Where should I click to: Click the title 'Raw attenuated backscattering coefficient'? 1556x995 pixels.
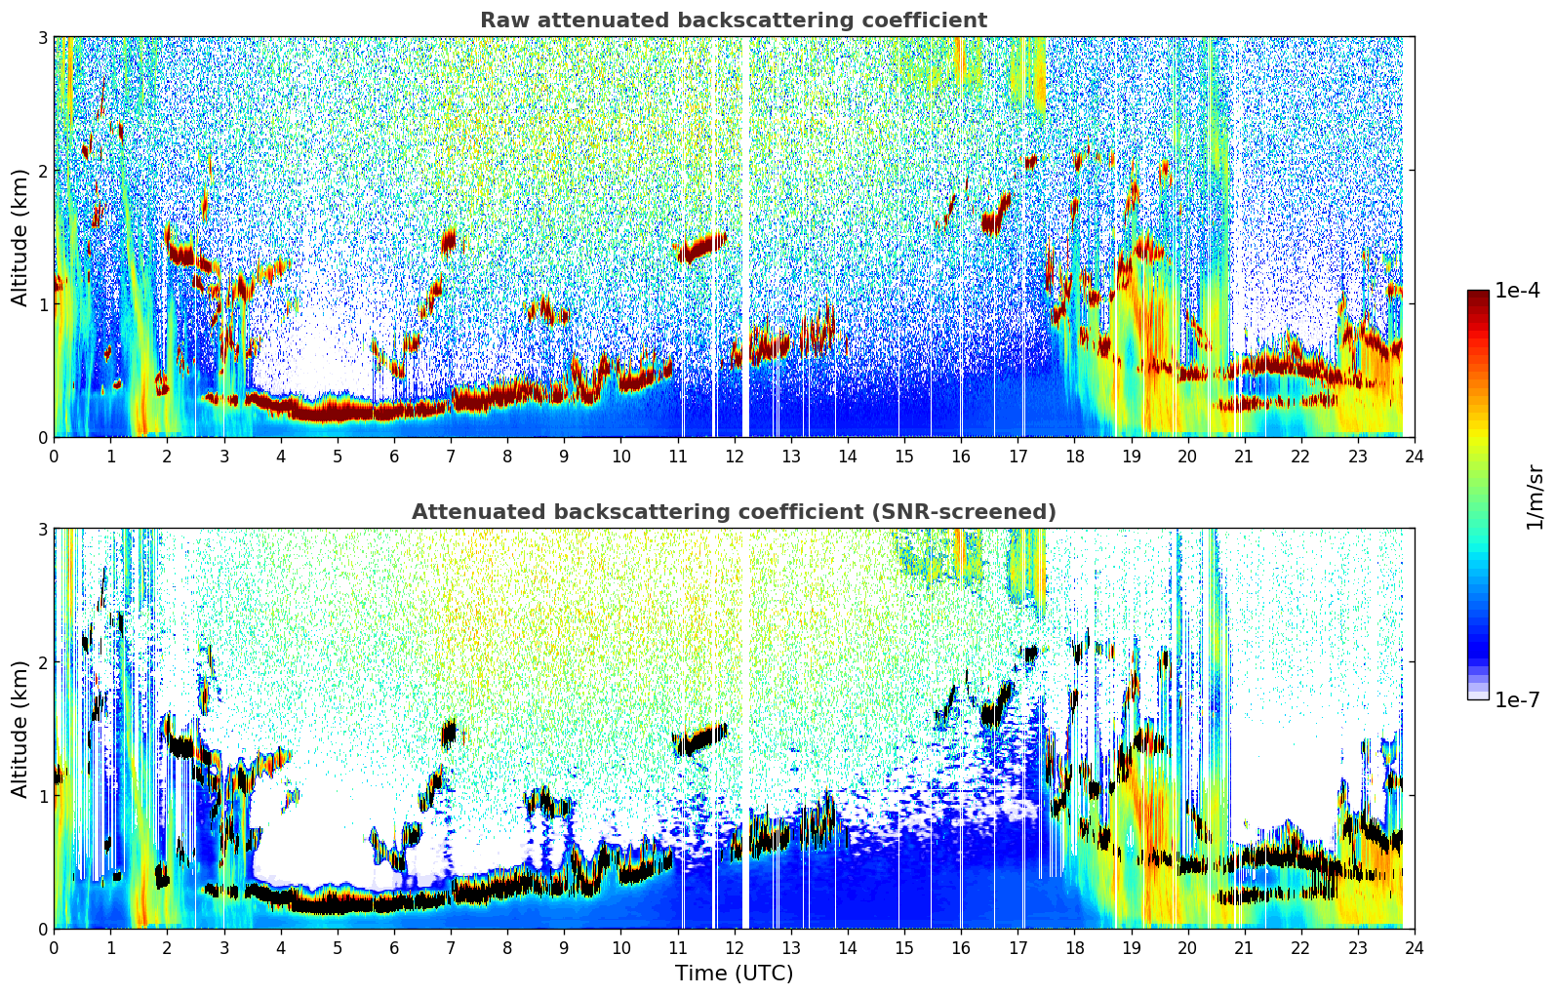point(733,20)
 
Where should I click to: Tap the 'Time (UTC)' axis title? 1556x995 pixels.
point(734,973)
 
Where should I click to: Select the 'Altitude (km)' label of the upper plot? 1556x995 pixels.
point(20,237)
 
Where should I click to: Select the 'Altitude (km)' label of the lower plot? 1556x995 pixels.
point(20,729)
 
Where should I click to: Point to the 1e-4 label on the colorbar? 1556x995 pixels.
point(1517,291)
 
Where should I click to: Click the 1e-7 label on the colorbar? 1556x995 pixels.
point(1517,699)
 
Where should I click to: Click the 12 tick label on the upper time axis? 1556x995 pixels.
point(734,457)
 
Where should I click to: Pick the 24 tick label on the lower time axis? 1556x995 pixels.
point(1414,948)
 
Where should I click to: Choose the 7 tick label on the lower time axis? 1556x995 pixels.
point(451,948)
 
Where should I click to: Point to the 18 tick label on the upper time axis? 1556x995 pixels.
point(1074,457)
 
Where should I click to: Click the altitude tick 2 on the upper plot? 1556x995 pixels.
point(42,171)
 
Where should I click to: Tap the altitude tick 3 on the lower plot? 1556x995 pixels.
point(42,530)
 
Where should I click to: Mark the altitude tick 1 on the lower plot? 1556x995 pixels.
point(42,796)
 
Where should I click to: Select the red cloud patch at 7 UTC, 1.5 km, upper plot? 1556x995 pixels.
point(449,240)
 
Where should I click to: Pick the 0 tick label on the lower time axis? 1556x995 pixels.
point(54,948)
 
